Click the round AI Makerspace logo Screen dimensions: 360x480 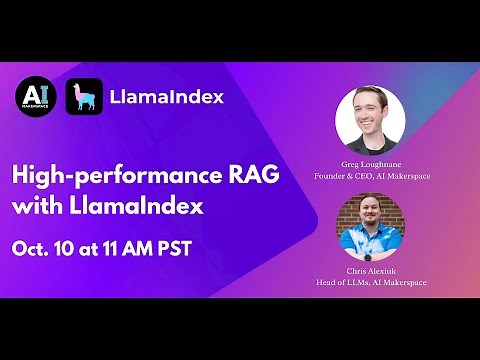(36, 97)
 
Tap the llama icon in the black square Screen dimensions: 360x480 (86, 97)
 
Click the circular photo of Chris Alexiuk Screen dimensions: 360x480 (369, 226)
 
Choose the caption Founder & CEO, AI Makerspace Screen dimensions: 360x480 (369, 177)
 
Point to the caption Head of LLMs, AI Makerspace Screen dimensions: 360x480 (369, 283)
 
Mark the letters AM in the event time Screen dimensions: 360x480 (161, 247)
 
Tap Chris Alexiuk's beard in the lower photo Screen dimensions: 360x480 (369, 229)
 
